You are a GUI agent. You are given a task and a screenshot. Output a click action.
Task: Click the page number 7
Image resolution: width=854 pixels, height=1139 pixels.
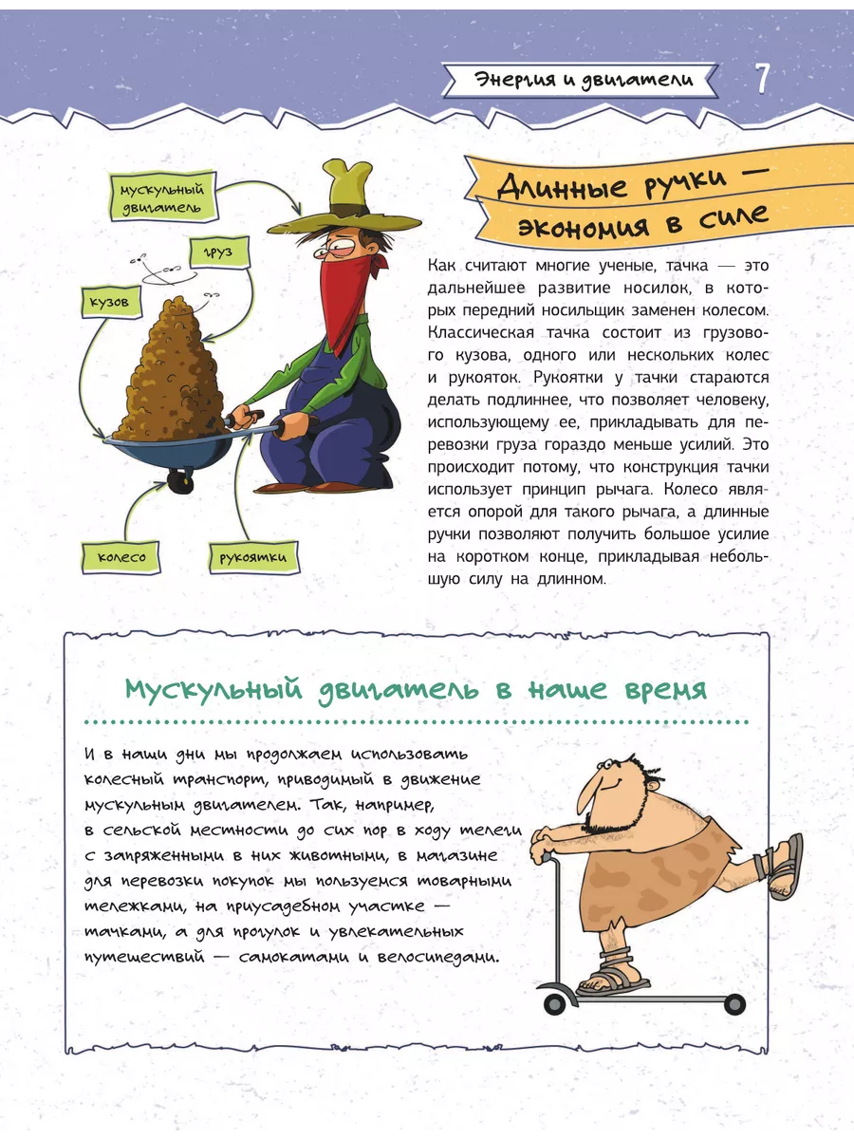pos(763,79)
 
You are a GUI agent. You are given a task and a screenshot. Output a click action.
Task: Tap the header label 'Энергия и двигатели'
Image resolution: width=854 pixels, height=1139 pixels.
pos(583,80)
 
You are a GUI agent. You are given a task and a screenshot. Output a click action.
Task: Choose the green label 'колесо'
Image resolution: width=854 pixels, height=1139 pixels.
pos(121,556)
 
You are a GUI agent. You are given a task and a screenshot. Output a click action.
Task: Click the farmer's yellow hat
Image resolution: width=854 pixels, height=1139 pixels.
pos(344,203)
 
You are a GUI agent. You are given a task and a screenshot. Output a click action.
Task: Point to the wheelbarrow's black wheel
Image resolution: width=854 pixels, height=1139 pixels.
pos(180,483)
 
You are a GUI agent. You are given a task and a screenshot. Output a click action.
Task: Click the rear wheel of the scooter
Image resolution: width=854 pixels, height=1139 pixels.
pos(733,1004)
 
